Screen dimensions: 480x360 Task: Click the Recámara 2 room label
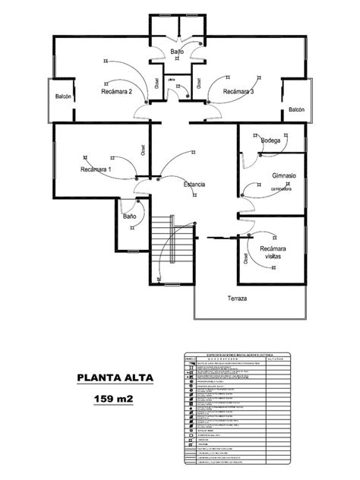click(117, 92)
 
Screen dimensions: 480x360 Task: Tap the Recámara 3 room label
click(238, 92)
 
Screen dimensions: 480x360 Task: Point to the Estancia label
click(194, 185)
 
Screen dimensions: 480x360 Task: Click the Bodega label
click(270, 141)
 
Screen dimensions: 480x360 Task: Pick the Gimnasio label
click(283, 176)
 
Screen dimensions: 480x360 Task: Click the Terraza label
click(238, 298)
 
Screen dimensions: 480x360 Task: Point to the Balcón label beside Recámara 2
click(64, 97)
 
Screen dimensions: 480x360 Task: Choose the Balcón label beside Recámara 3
click(295, 110)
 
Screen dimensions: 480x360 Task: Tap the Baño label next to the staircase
click(130, 216)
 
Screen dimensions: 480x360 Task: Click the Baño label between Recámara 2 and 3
click(177, 52)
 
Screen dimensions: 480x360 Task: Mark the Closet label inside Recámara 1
click(144, 150)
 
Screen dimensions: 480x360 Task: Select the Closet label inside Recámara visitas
click(245, 258)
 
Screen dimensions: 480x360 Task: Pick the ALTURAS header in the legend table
click(275, 358)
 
